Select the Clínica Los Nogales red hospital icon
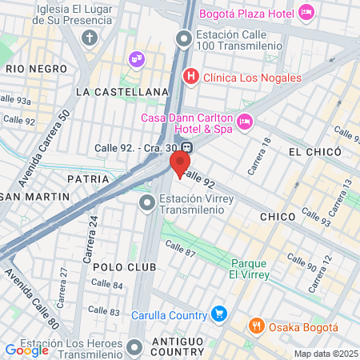pyautogui.click(x=190, y=77)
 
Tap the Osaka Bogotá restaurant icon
pyautogui.click(x=256, y=326)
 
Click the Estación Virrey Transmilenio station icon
pyautogui.click(x=146, y=204)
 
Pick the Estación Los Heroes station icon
pyautogui.click(x=134, y=347)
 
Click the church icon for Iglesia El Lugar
pyautogui.click(x=90, y=38)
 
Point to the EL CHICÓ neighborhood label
pyautogui.click(x=315, y=152)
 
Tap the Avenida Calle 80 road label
pyautogui.click(x=33, y=295)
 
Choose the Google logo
pyautogui.click(x=26, y=350)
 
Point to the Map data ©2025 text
pyautogui.click(x=326, y=354)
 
